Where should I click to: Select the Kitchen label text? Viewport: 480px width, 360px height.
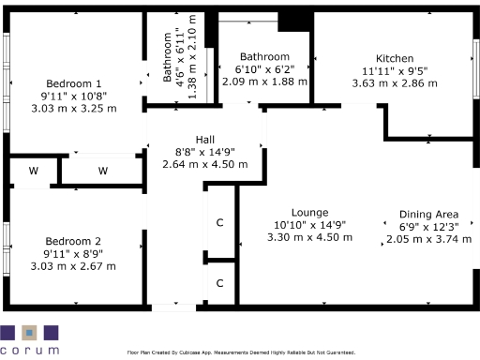(x=395, y=57)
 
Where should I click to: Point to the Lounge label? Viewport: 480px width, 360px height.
(x=309, y=211)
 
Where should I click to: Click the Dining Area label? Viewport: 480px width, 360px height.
(x=428, y=214)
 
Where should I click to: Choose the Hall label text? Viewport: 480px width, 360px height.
(x=205, y=138)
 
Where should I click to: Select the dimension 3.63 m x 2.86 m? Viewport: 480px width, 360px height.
(x=395, y=82)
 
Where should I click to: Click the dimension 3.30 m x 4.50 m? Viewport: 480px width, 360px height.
(x=309, y=237)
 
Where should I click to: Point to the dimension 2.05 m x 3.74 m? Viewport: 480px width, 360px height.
(x=428, y=239)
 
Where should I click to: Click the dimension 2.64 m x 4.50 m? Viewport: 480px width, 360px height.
(x=205, y=164)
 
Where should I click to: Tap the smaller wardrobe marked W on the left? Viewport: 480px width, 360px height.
(x=33, y=171)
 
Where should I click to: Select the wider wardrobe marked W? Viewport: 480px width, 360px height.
(x=102, y=171)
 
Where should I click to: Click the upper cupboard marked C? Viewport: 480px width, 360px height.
(x=220, y=222)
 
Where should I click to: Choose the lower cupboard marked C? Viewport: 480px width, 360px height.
(x=220, y=282)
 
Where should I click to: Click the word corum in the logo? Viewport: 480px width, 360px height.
(x=29, y=350)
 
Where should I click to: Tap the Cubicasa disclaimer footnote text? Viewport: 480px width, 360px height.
(x=241, y=352)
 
